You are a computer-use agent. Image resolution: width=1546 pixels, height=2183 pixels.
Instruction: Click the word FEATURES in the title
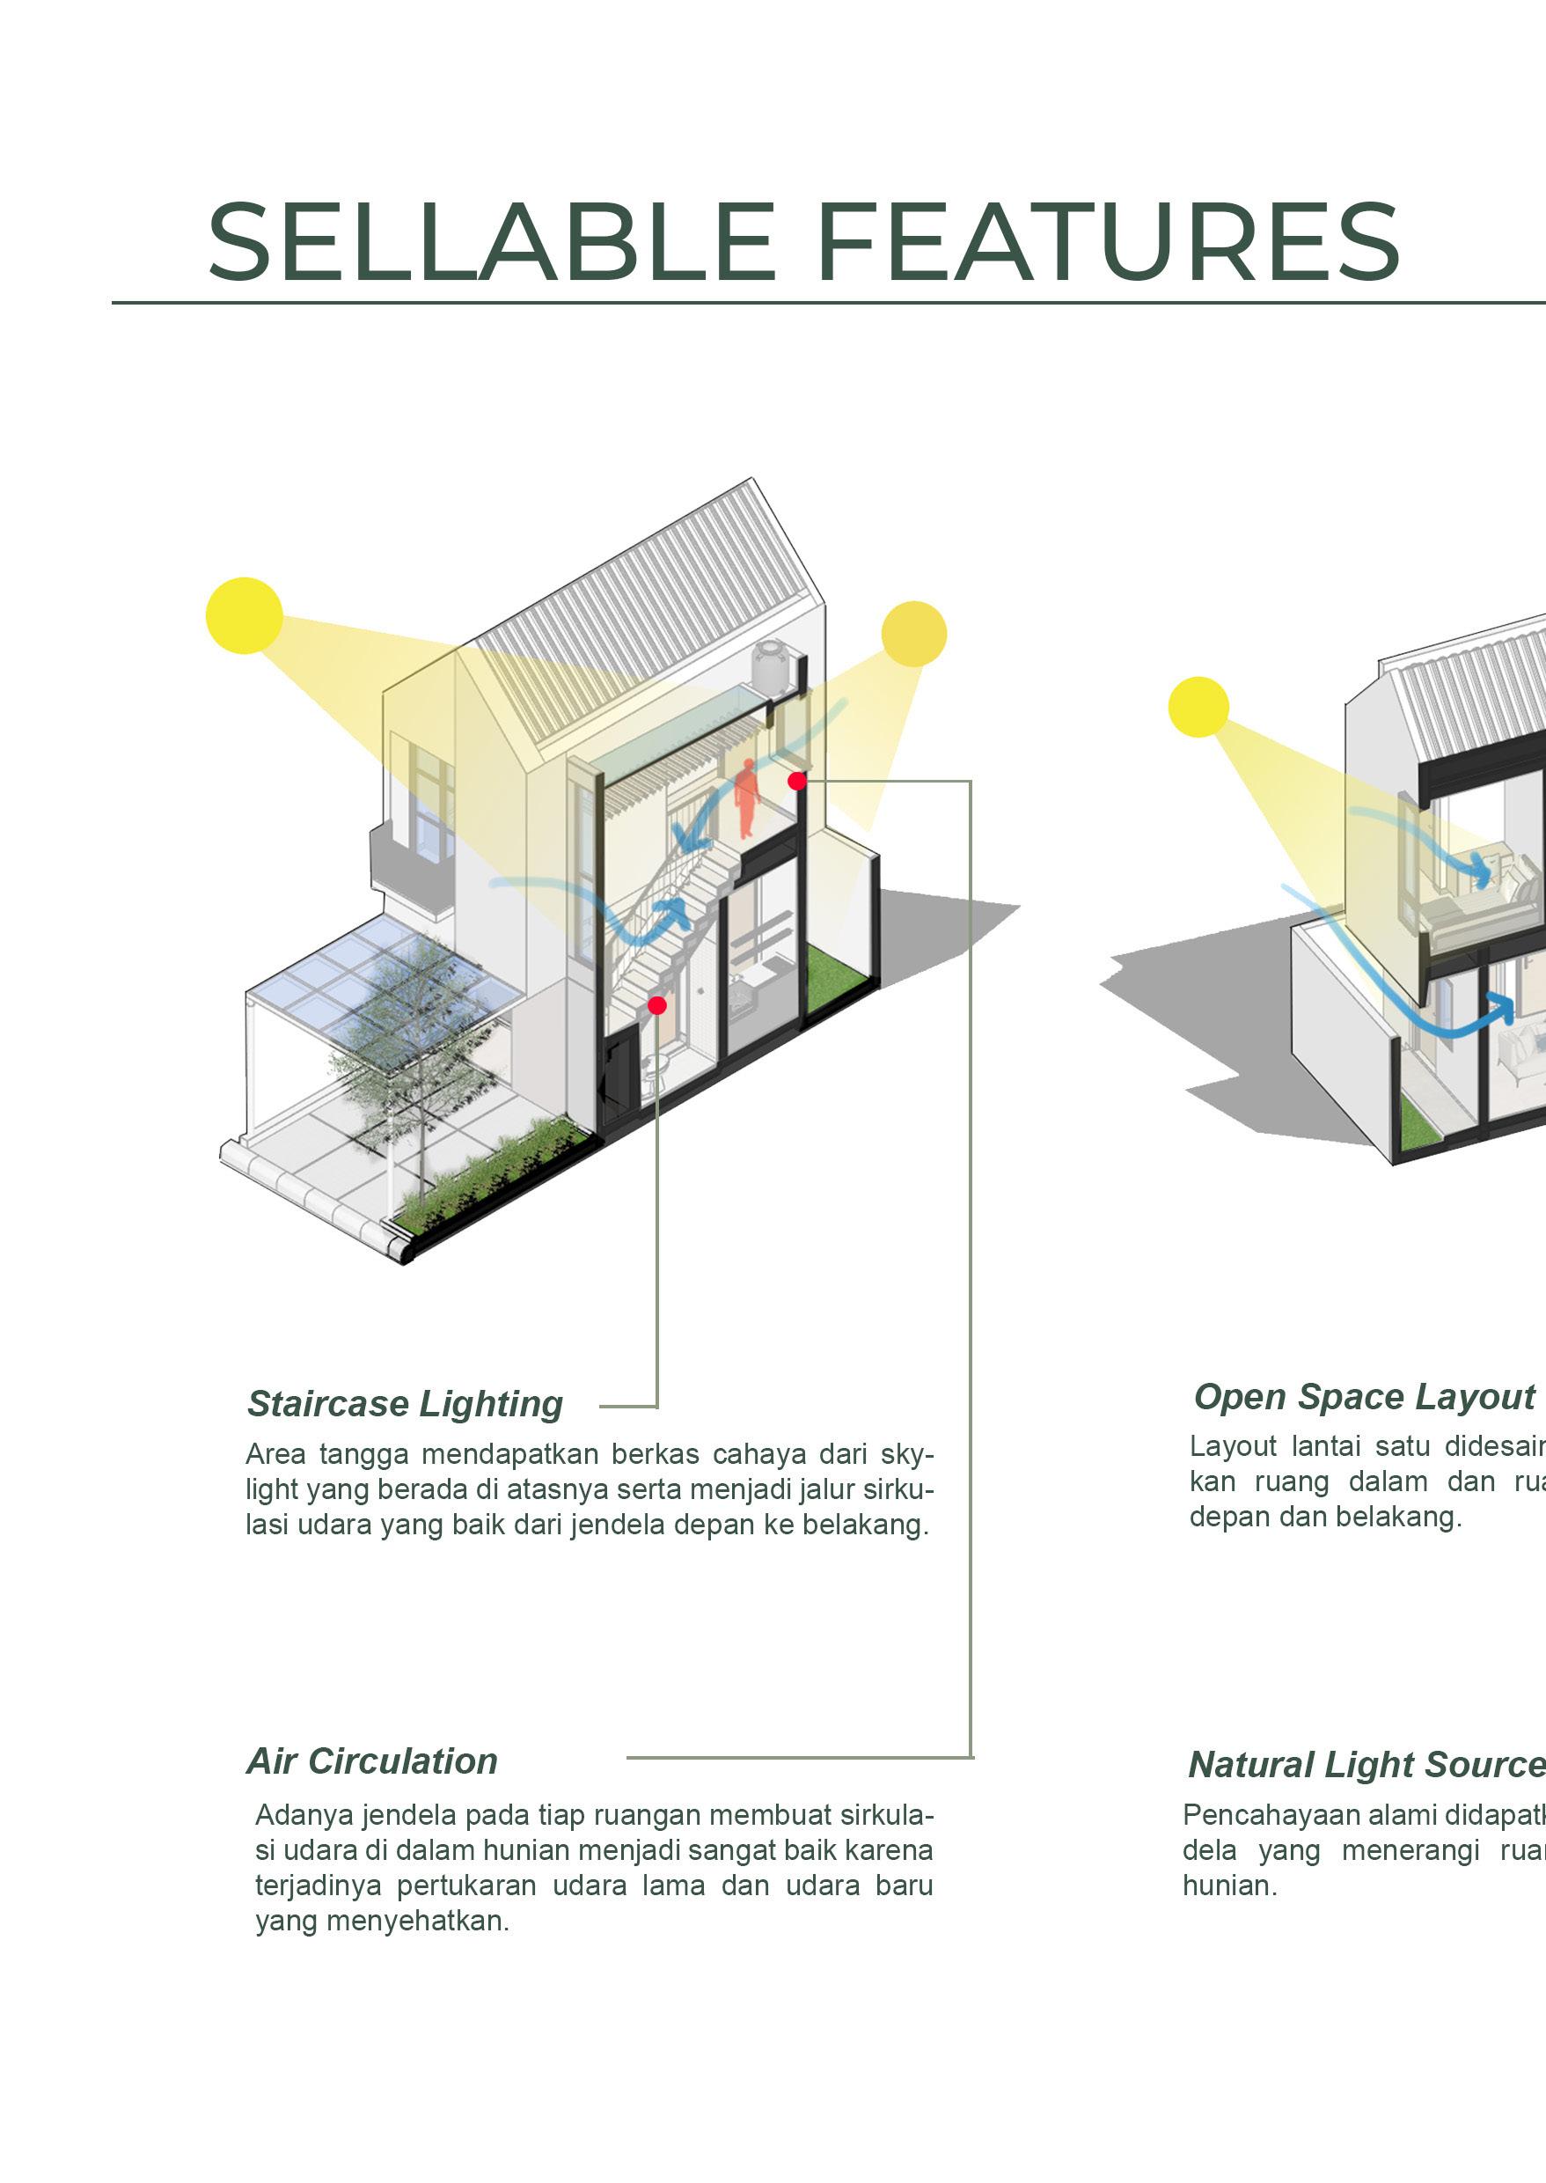click(1107, 241)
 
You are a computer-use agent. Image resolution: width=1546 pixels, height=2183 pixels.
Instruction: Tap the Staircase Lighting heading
click(405, 1404)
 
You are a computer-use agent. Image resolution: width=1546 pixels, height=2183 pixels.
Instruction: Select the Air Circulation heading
click(372, 1761)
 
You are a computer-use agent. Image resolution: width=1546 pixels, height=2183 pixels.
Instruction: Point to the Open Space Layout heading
click(1363, 1396)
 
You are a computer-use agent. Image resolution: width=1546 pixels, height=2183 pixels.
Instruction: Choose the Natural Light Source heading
click(1366, 1765)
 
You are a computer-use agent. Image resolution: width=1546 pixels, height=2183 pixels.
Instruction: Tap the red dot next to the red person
click(798, 781)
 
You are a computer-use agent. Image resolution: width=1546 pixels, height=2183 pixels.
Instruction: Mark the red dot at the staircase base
click(657, 1005)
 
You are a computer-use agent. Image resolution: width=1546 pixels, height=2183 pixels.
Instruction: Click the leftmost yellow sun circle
click(245, 615)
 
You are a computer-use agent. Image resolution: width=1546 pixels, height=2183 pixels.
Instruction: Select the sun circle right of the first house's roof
click(914, 634)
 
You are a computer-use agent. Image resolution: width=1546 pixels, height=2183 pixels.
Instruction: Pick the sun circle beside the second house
click(1198, 707)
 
